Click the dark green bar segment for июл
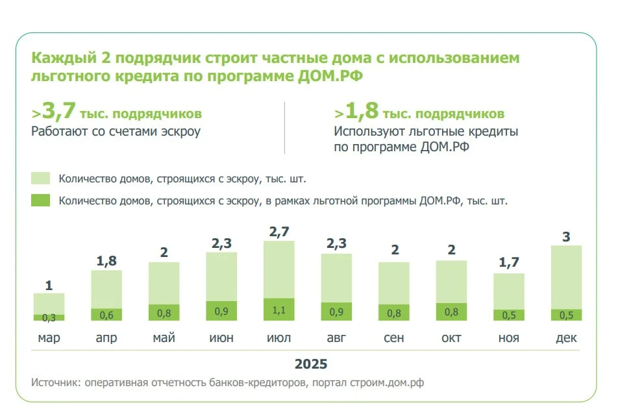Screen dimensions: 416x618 click(278, 309)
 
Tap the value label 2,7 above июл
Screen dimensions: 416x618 click(278, 231)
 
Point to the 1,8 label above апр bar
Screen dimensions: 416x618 click(106, 261)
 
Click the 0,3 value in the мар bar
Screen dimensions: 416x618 click(49, 318)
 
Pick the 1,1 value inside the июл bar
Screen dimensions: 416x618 click(278, 311)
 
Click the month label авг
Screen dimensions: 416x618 click(336, 338)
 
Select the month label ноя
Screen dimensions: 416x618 click(509, 338)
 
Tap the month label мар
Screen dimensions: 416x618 click(49, 338)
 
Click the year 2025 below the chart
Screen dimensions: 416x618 click(311, 363)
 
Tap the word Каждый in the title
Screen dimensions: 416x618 click(62, 58)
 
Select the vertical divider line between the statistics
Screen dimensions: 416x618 click(284, 128)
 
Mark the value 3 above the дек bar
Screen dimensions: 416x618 click(566, 237)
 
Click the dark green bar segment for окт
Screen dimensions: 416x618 click(451, 312)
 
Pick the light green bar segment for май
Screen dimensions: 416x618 click(164, 283)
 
